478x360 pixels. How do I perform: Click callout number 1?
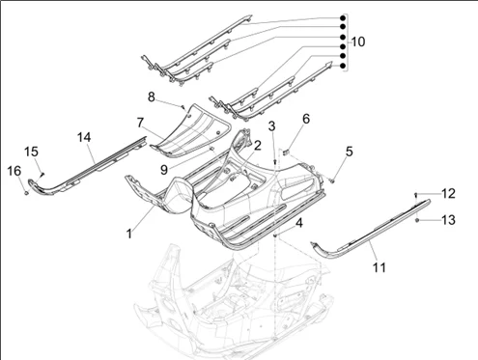pos(129,234)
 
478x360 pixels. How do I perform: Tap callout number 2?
pos(258,146)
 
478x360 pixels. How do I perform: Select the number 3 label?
pos(272,126)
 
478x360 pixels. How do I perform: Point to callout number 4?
pos(299,223)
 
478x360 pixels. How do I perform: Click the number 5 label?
pos(350,152)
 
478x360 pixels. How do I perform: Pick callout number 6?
pos(306,119)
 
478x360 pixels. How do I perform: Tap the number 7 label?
pos(140,123)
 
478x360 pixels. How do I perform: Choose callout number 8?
pos(152,97)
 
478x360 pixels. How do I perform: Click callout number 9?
pos(164,170)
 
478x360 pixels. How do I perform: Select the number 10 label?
pos(358,42)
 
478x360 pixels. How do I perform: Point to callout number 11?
pos(380,267)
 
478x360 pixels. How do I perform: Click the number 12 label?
pos(448,194)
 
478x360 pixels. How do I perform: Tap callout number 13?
pos(448,220)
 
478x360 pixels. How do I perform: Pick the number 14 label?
pos(84,137)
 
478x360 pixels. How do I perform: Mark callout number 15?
pos(31,152)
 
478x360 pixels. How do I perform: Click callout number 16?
pos(14,171)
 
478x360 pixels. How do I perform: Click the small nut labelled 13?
pos(417,220)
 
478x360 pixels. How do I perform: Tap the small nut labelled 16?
pos(26,193)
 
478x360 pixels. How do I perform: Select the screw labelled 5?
pos(332,181)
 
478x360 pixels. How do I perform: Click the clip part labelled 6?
pos(285,152)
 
